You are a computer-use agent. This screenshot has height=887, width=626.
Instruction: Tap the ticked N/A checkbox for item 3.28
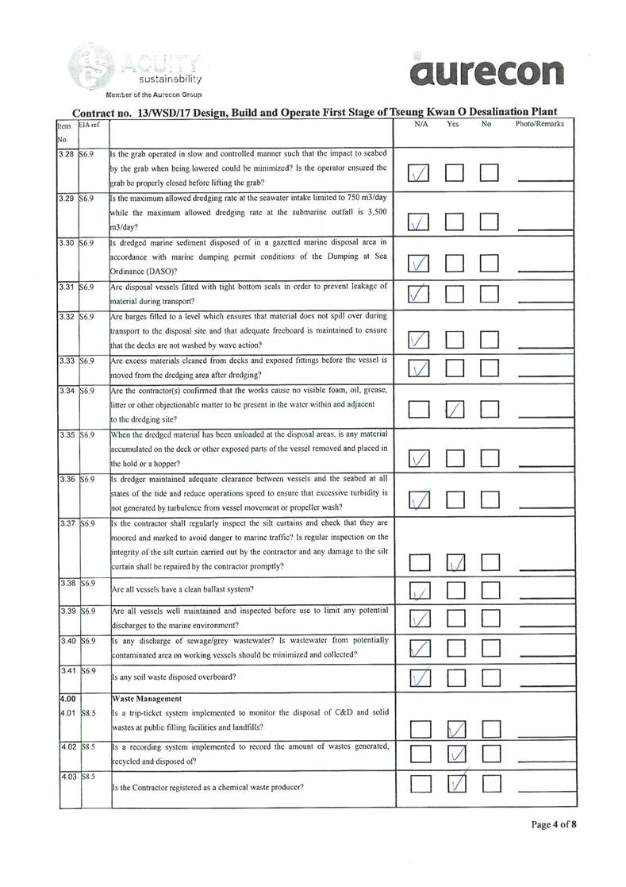[421, 174]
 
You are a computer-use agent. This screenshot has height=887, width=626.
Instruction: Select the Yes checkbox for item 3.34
[455, 410]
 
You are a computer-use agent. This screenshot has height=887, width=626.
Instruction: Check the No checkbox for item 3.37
[490, 563]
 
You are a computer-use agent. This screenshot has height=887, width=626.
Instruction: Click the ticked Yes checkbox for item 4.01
[455, 729]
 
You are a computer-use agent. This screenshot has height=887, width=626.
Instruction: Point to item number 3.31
[68, 287]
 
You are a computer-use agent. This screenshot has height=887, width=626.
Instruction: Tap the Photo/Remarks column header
[540, 125]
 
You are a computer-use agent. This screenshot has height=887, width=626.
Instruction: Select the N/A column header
[421, 125]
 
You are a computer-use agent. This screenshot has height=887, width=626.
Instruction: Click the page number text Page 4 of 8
[553, 824]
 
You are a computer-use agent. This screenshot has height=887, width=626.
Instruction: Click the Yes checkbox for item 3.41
[455, 677]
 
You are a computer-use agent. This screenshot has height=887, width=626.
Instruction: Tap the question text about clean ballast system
[182, 589]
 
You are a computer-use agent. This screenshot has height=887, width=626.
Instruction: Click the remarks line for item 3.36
[544, 504]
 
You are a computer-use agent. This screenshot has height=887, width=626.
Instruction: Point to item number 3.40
[68, 640]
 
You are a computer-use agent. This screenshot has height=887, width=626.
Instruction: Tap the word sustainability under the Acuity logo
[170, 79]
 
